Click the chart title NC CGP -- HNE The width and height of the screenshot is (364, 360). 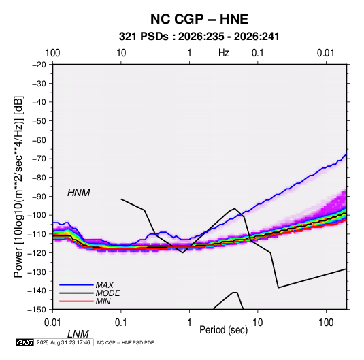click(199, 19)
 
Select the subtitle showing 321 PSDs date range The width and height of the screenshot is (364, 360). click(199, 37)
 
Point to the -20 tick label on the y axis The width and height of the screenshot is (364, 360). click(39, 65)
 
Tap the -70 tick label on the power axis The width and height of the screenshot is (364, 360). click(39, 159)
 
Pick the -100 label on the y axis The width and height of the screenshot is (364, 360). click(37, 215)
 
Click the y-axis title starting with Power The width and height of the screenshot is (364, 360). click(18, 187)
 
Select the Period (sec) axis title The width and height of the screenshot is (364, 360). click(224, 330)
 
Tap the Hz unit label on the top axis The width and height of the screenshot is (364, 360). click(224, 53)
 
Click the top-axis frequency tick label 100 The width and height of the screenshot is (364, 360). click(52, 53)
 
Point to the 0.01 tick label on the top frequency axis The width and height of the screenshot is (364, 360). click(326, 53)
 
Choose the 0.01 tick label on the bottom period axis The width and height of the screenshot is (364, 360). click(52, 323)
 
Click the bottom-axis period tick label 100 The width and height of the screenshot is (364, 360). click(326, 323)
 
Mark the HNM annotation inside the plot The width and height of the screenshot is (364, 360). click(79, 193)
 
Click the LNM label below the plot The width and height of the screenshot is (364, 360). click(78, 334)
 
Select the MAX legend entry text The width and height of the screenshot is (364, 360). click(105, 285)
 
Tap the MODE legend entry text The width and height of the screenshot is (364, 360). click(107, 293)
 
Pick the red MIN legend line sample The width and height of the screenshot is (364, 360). click(76, 301)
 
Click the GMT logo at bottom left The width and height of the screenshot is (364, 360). click(25, 342)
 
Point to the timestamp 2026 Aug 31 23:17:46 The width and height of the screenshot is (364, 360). click(63, 342)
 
